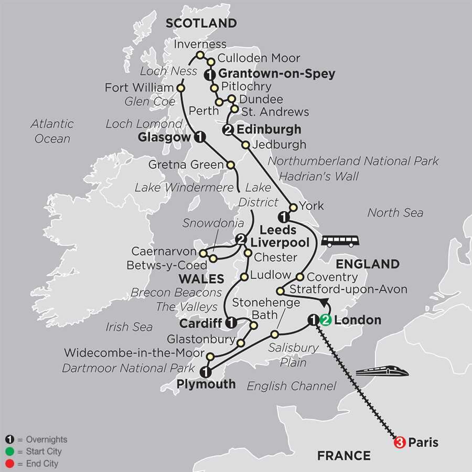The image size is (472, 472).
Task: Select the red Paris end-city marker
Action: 400,443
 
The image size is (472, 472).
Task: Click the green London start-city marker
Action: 326,320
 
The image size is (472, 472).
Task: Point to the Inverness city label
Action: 200,44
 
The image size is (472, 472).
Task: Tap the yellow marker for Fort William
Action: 181,88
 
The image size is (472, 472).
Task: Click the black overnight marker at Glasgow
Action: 199,137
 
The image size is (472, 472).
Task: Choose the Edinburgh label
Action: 269,129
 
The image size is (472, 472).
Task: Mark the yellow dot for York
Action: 293,207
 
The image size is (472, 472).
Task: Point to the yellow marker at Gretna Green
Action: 231,165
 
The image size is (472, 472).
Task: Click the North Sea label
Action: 395,212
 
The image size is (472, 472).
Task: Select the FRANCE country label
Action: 344,455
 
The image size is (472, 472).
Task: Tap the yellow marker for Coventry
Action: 300,277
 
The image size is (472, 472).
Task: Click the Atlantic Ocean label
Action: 52,131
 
